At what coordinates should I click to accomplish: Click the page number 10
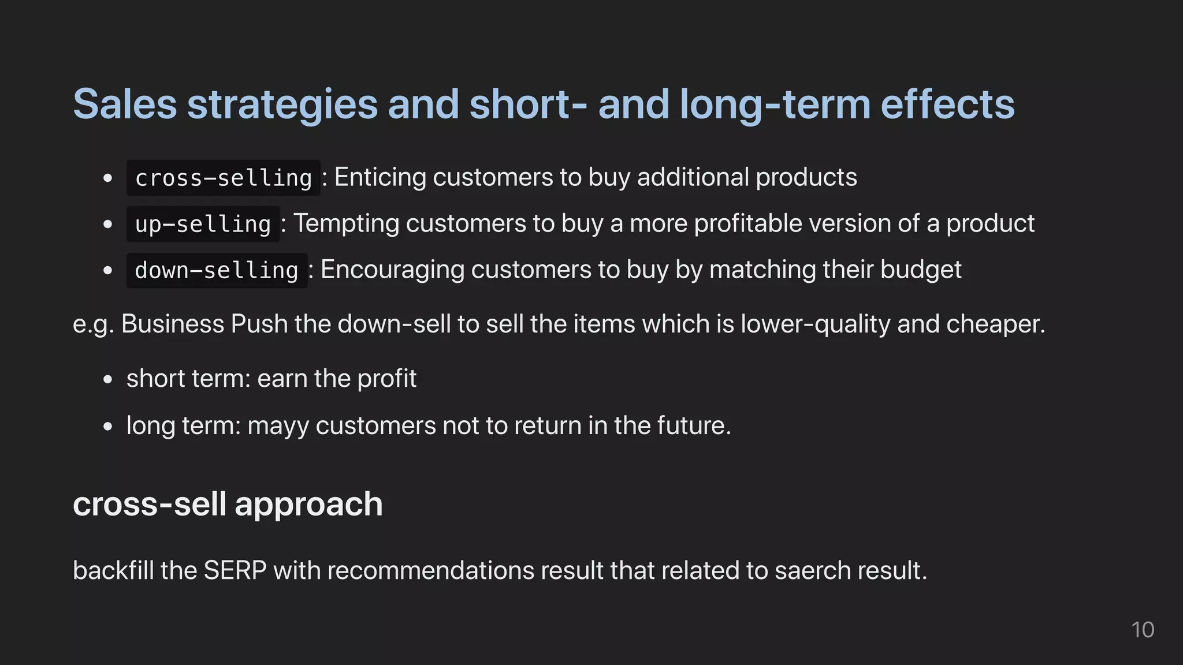click(x=1142, y=630)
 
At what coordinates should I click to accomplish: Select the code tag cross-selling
click(x=223, y=178)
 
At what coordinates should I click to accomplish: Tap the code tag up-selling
click(x=203, y=224)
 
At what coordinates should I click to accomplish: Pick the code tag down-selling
click(x=217, y=270)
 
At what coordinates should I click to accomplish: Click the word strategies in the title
click(x=282, y=105)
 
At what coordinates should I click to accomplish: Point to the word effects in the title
click(x=947, y=105)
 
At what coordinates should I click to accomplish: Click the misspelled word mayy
click(x=278, y=427)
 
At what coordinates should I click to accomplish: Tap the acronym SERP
click(x=235, y=570)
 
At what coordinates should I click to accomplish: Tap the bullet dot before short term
click(x=107, y=380)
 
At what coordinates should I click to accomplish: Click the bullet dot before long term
click(x=107, y=427)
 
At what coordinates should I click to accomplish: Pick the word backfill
click(x=113, y=570)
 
